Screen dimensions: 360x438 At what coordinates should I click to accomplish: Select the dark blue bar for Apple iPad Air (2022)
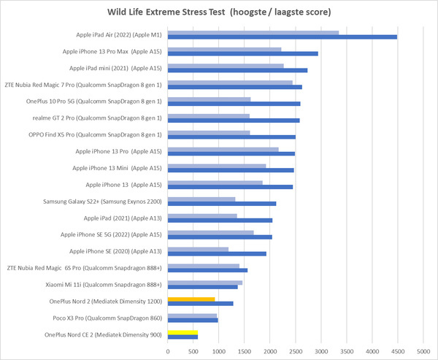283,37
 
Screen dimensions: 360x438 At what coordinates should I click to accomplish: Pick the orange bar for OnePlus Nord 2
191,299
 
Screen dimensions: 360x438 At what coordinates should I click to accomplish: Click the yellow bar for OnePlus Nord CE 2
182,332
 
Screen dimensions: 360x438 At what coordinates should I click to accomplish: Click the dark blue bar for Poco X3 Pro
193,320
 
